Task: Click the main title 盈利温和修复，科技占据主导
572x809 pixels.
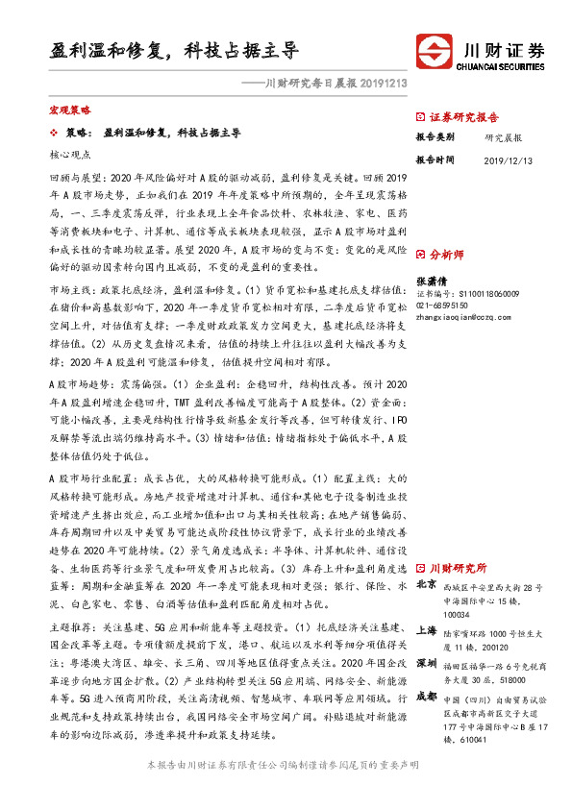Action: click(x=173, y=49)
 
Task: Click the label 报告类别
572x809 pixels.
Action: click(x=434, y=137)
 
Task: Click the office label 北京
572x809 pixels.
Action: click(x=426, y=585)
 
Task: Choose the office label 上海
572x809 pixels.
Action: click(x=426, y=632)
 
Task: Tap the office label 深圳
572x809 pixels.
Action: click(x=426, y=663)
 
